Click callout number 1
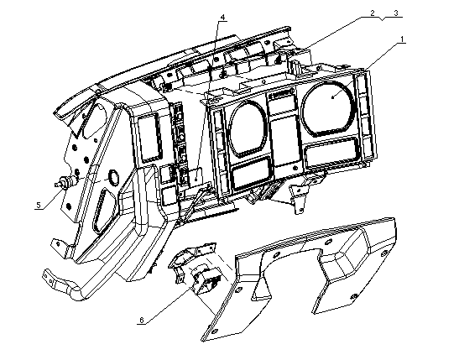[402, 39]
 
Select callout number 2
[373, 13]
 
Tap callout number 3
[396, 13]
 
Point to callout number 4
[222, 18]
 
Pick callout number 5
[39, 205]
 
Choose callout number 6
[142, 321]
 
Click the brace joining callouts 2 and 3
[382, 18]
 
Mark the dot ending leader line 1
[333, 97]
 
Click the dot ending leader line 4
[196, 178]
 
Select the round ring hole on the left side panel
[113, 178]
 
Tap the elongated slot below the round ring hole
[104, 210]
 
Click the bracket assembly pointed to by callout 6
[195, 268]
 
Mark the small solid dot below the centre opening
[295, 168]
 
